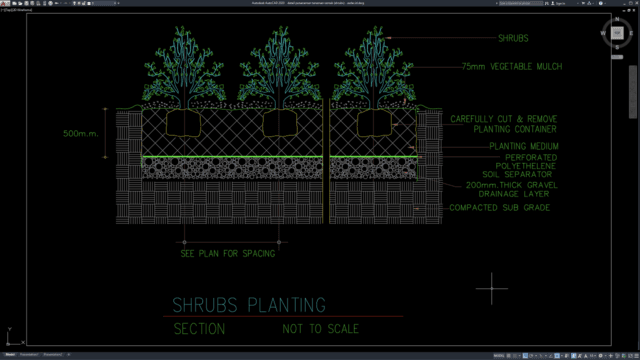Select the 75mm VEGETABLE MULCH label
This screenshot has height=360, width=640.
(x=512, y=66)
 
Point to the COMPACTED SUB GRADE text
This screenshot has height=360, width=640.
(x=501, y=207)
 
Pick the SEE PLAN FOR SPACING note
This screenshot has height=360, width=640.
(x=227, y=253)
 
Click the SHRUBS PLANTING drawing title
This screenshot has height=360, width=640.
(x=250, y=304)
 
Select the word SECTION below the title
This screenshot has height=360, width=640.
(x=199, y=329)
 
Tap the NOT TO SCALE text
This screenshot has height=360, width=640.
(x=320, y=329)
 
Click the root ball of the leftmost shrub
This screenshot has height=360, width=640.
(x=185, y=123)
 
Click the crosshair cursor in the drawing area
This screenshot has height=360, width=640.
(x=492, y=290)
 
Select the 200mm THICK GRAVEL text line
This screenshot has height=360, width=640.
(x=507, y=186)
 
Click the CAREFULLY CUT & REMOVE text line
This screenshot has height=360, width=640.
(x=504, y=119)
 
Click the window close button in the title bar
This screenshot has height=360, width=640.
(x=633, y=3)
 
